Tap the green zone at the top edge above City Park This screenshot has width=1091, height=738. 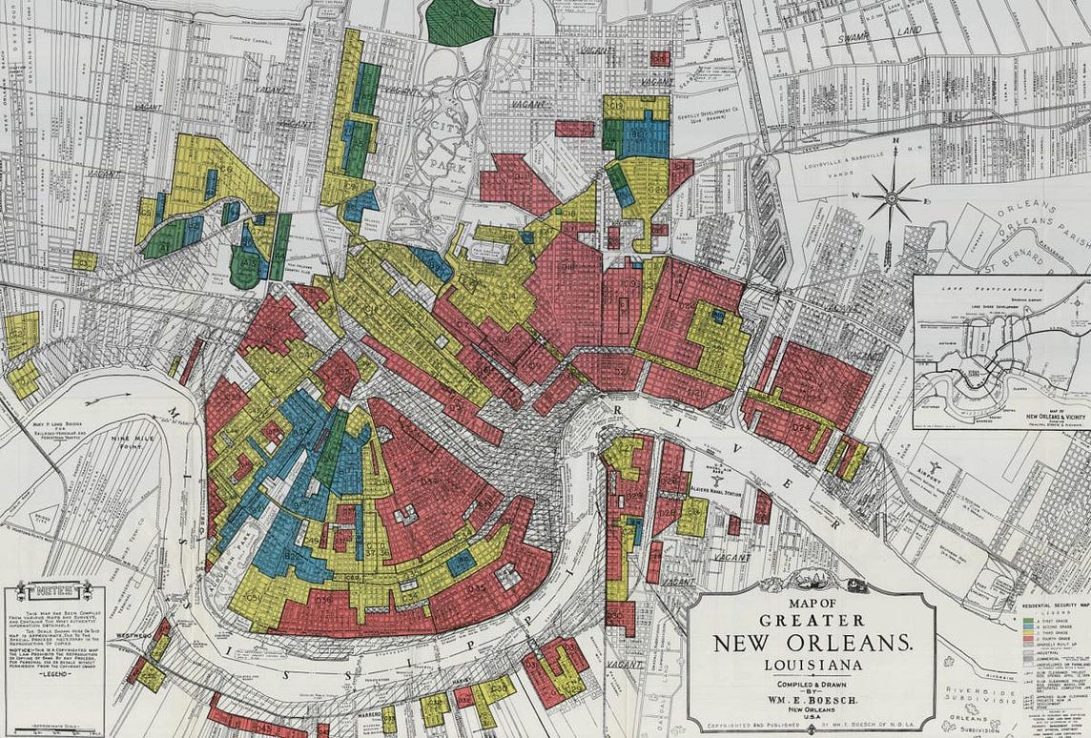(x=460, y=21)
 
